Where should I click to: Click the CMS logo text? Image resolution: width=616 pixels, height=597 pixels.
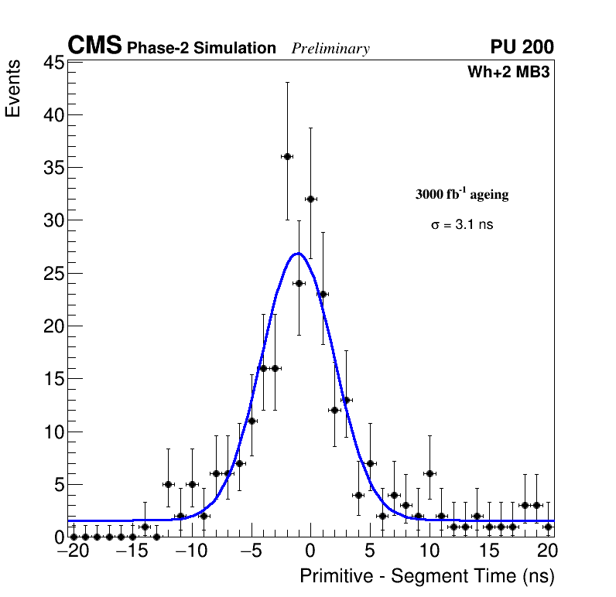94,46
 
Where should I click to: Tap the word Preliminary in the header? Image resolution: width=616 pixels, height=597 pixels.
330,49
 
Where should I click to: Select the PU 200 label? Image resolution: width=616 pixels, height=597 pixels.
522,47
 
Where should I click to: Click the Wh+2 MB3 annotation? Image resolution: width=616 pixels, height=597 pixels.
508,73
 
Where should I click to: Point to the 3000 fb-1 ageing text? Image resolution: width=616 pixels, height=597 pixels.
462,195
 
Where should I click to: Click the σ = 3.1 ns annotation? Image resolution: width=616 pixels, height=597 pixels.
462,225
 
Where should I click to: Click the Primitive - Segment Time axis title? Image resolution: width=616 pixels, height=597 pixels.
427,576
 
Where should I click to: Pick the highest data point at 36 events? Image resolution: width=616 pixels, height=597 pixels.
287,156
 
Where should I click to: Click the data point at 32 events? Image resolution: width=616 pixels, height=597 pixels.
310,199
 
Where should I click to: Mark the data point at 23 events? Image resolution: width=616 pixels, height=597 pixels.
323,294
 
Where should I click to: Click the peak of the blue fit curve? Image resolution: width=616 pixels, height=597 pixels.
298,253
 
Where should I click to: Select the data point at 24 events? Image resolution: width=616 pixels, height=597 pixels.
299,283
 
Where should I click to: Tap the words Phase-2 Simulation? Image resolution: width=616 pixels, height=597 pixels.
201,49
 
